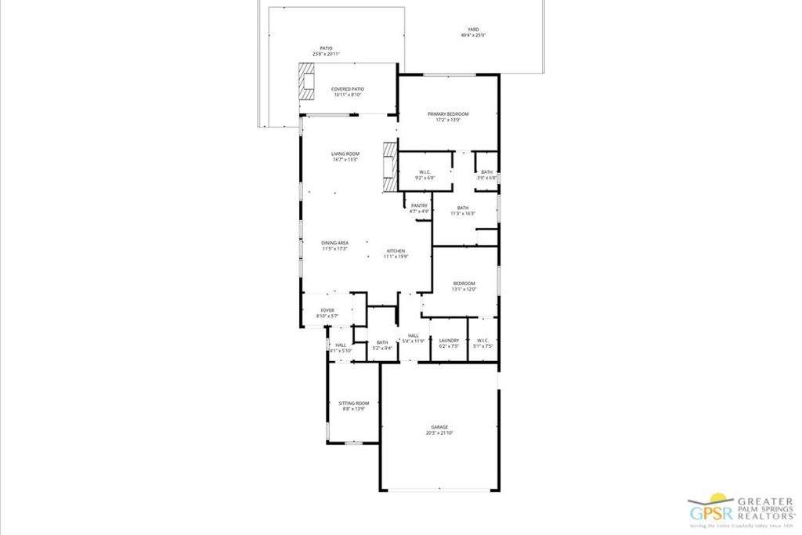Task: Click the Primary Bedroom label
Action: pos(448,114)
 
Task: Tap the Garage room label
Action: pos(439,427)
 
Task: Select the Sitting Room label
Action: pos(353,403)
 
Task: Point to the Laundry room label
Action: pos(449,340)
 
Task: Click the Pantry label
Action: pos(419,205)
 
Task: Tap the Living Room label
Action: pos(345,154)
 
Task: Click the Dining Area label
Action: pos(334,243)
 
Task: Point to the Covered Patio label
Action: pos(348,89)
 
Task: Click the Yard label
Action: pos(473,29)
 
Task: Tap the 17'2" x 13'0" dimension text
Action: pos(448,121)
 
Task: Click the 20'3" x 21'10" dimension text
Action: pos(439,433)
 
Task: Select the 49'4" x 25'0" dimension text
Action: pos(473,35)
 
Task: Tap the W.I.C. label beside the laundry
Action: pos(482,340)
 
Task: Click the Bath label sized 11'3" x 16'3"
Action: pos(463,208)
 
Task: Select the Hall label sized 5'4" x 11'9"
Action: pos(413,335)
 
